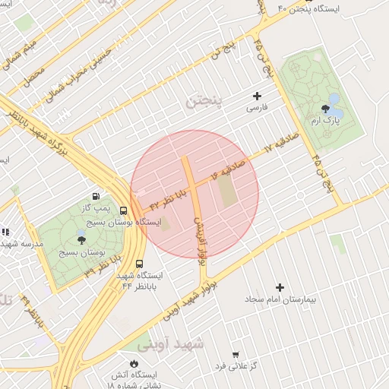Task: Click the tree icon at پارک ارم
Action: coord(326,109)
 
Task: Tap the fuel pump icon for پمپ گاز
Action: coord(96,196)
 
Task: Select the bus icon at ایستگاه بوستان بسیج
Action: coord(124,210)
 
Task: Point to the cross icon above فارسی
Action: coord(257,96)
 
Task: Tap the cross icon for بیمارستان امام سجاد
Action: coord(280,287)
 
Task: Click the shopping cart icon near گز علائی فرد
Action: coord(236,355)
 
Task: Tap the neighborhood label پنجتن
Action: coord(207,100)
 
